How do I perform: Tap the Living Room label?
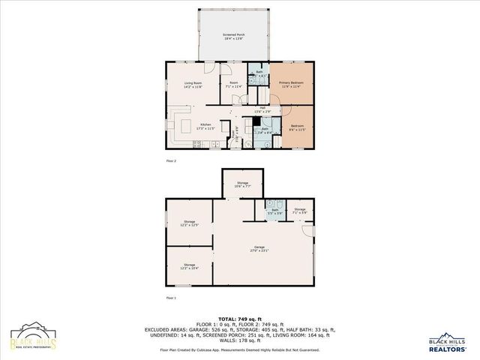[x=194, y=85]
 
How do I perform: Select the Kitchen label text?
[x=204, y=127]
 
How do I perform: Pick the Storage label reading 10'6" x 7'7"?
[x=241, y=184]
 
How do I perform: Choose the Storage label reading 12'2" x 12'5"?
[x=189, y=223]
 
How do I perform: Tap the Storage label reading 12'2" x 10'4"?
[x=189, y=266]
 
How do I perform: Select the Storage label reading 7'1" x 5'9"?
[x=299, y=211]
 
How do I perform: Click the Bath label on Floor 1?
[x=274, y=211]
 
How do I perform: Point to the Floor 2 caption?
[x=170, y=160]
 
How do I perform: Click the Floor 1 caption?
[x=170, y=298]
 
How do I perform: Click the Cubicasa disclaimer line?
[x=240, y=349]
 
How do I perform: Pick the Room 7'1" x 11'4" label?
[x=233, y=85]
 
